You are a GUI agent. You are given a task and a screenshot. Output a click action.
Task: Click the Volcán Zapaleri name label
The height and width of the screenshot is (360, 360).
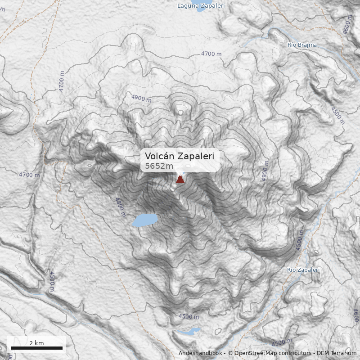(x=179, y=156)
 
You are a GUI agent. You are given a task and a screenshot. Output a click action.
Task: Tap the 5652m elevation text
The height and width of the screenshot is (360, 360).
(x=159, y=166)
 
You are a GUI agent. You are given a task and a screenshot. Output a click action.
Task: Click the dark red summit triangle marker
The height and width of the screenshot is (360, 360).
(x=180, y=180)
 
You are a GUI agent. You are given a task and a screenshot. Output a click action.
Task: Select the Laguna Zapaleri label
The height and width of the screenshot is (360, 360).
(x=201, y=6)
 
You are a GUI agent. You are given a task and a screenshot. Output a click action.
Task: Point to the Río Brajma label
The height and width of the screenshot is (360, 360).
(x=302, y=45)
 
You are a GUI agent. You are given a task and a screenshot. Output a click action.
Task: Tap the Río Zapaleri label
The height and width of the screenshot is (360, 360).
(x=303, y=270)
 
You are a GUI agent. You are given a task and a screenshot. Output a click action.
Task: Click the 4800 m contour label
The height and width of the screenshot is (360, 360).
(x=120, y=207)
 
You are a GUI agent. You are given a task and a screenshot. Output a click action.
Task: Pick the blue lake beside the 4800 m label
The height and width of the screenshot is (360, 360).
(x=144, y=220)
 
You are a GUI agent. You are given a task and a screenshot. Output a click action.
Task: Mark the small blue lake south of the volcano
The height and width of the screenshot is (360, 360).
(x=188, y=332)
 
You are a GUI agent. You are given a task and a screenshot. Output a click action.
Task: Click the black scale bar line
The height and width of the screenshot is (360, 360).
(x=36, y=348)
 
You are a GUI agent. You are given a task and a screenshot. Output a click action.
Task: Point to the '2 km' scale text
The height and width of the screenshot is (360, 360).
(x=36, y=343)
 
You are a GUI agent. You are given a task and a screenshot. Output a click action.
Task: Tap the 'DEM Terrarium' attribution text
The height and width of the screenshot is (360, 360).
(x=337, y=353)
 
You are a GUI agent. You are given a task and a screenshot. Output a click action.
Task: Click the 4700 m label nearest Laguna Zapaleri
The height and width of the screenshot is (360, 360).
(x=211, y=54)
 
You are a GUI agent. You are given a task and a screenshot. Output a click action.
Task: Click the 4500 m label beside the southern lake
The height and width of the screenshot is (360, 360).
(x=189, y=316)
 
